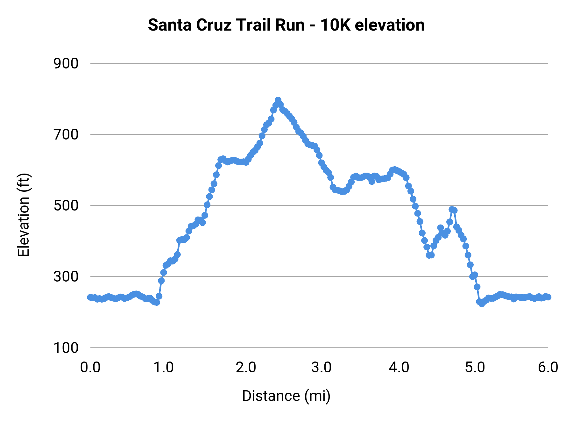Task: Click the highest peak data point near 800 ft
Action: (x=278, y=100)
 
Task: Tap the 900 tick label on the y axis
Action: (x=66, y=63)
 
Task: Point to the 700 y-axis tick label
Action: (x=66, y=134)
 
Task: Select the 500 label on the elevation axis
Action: (x=66, y=205)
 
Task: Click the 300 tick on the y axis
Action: (x=66, y=276)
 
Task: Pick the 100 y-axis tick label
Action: (x=66, y=348)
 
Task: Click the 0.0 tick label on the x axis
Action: (x=90, y=367)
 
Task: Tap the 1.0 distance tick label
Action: (x=164, y=367)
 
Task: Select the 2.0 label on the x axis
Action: (x=246, y=367)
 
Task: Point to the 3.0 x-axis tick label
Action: (x=322, y=367)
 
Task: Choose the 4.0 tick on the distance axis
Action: (x=399, y=367)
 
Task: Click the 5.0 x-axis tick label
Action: (x=475, y=367)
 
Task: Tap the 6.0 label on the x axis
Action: (x=548, y=367)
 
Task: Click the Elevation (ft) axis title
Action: (x=24, y=215)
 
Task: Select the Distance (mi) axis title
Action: (x=286, y=396)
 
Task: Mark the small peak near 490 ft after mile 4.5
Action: (x=452, y=209)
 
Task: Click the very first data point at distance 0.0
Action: (x=90, y=297)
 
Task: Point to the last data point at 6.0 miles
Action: (x=548, y=297)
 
